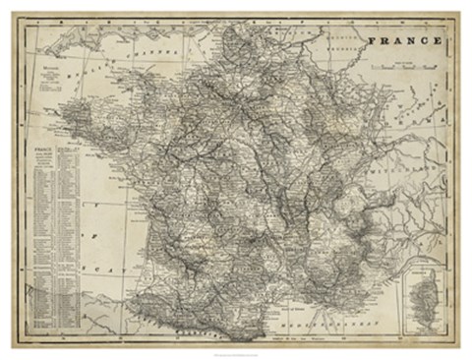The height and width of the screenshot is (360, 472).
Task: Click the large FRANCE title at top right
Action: click(x=405, y=41)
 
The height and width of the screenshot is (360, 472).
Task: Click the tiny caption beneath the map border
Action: click(x=236, y=352)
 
